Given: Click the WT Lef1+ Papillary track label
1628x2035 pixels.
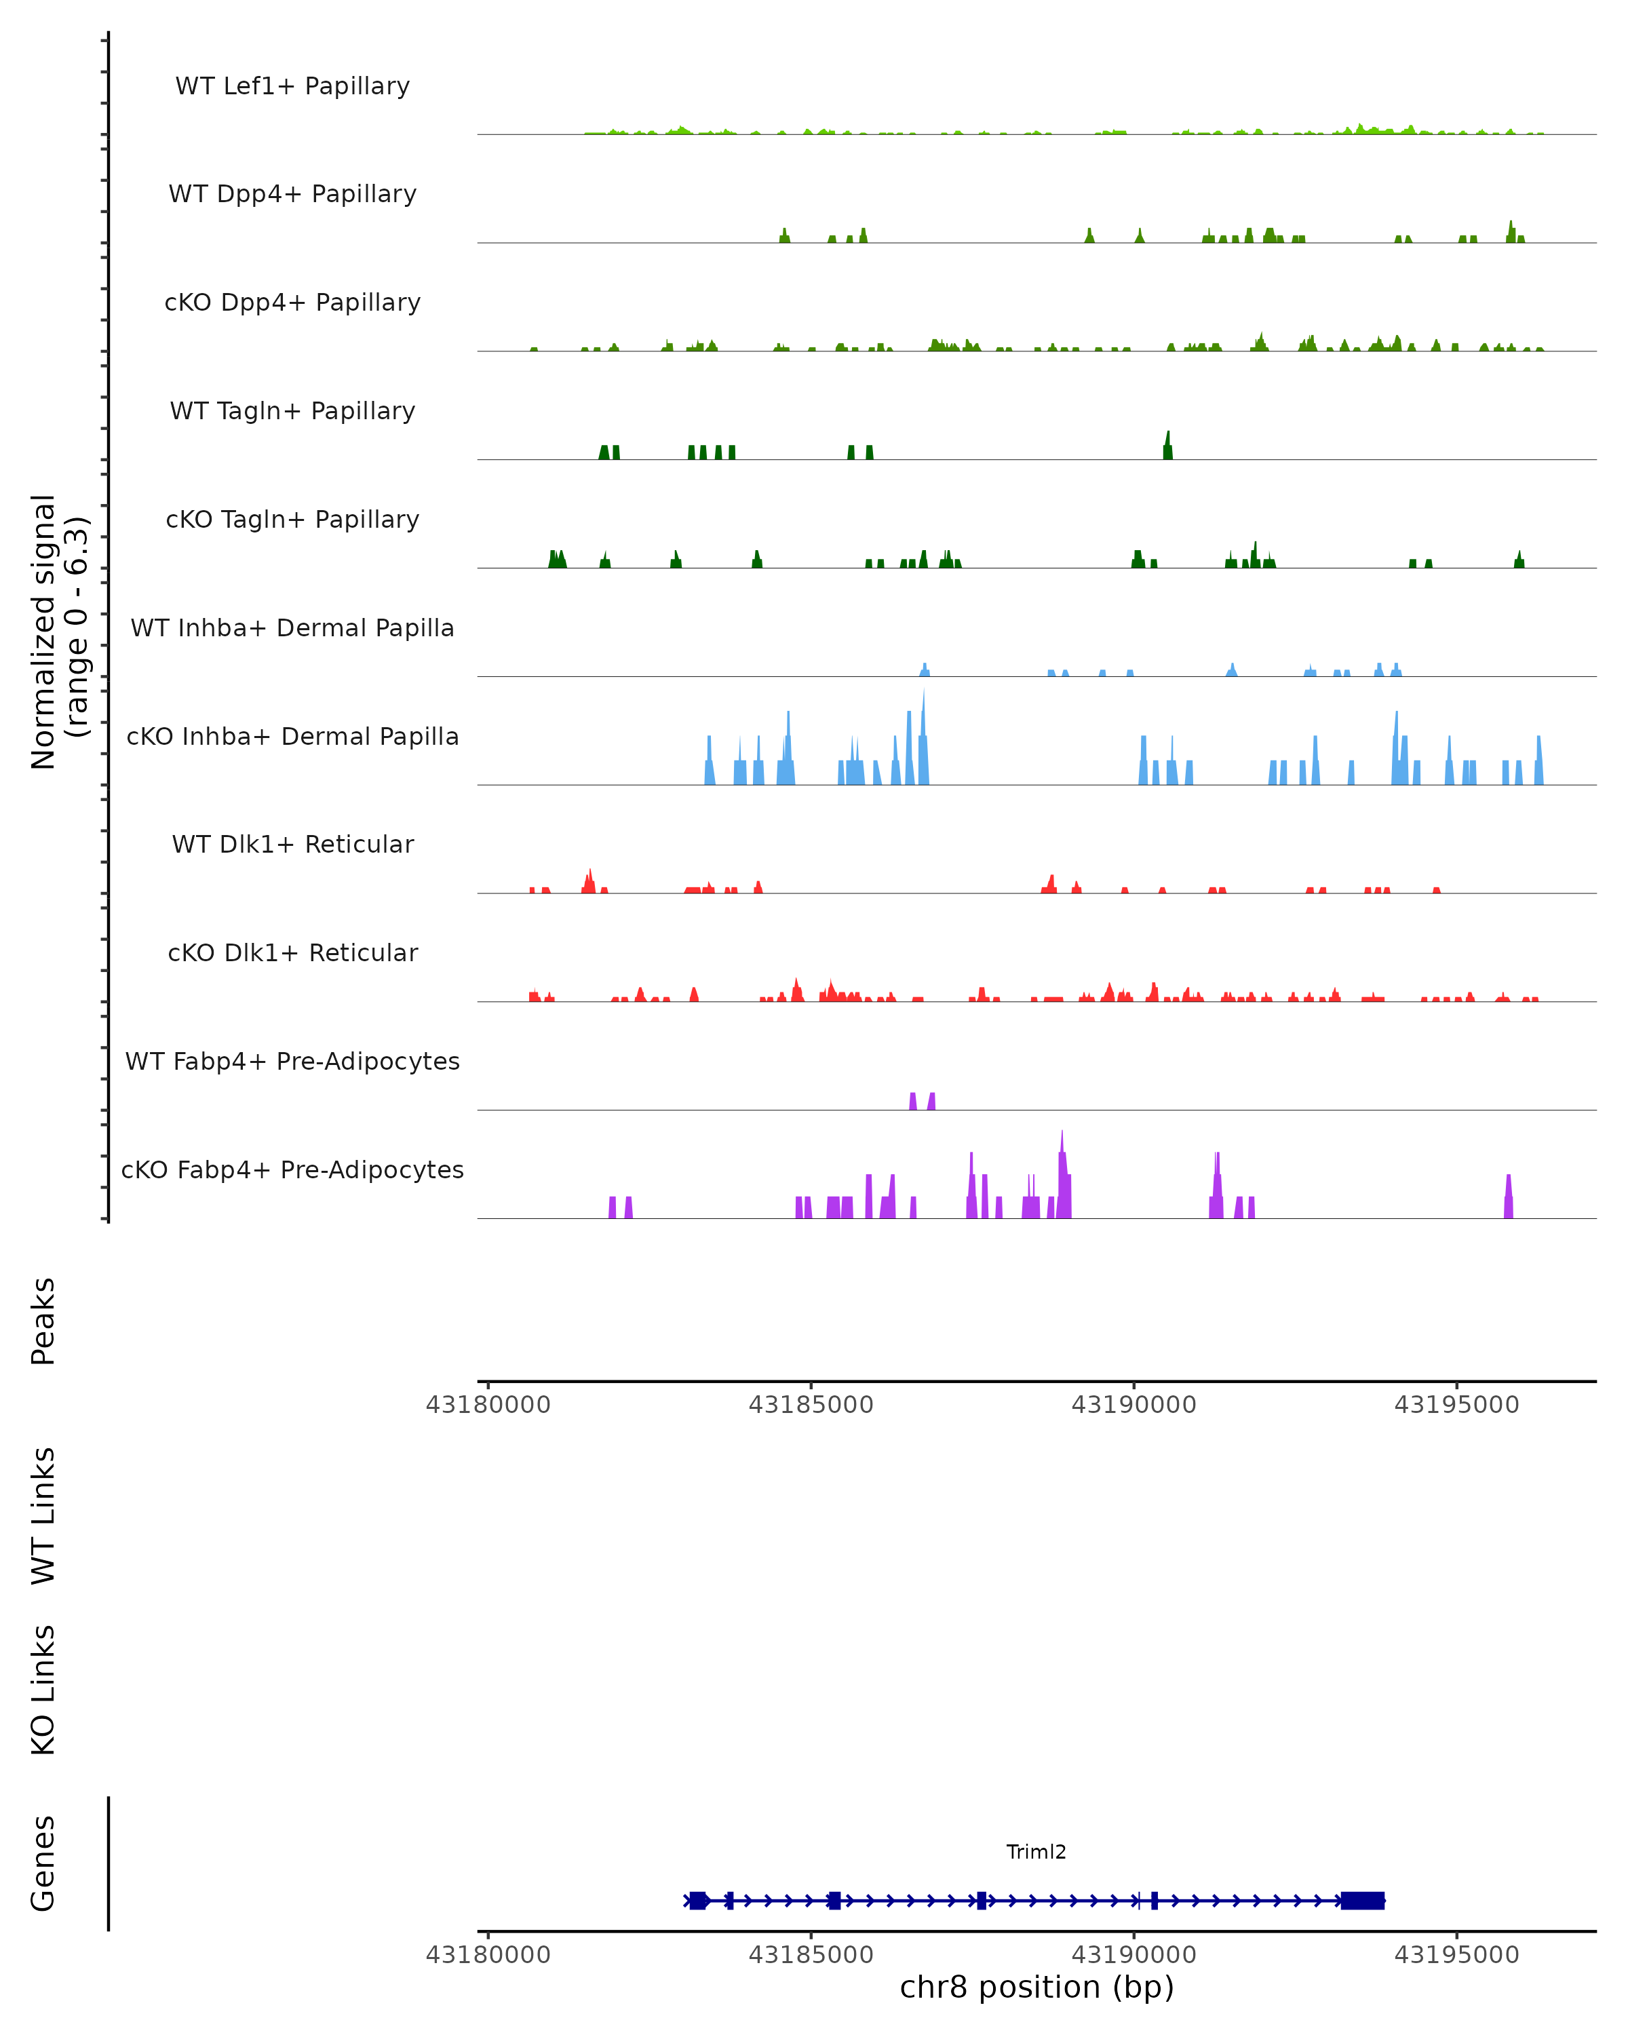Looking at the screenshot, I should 292,86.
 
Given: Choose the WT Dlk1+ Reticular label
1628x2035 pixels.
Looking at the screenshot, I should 292,844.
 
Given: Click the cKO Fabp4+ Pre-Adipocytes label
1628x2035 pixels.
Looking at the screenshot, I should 292,1169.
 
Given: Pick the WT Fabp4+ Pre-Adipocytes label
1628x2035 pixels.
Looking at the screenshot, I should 292,1061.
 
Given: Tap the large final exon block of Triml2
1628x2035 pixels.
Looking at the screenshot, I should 1362,1901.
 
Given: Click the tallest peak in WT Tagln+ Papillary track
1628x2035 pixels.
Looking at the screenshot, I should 1167,446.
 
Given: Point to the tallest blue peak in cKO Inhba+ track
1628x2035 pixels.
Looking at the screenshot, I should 923,736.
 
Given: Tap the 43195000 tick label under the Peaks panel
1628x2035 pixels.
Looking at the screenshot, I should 1456,1405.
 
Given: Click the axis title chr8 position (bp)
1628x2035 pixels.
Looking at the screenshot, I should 1036,1988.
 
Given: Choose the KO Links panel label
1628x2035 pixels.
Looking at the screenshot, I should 43,1690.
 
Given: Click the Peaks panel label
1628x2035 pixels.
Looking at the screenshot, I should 43,1321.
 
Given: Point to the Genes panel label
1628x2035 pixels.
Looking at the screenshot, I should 43,1863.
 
